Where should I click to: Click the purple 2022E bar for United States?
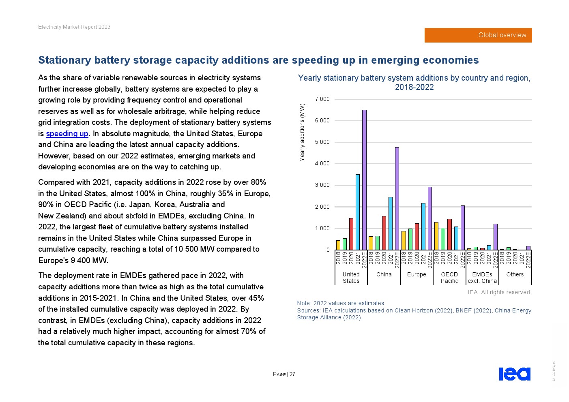pyautogui.click(x=364, y=180)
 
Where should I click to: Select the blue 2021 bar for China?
pyautogui.click(x=391, y=223)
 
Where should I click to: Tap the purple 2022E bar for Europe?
pyautogui.click(x=430, y=218)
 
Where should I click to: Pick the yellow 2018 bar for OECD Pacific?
pyautogui.click(x=436, y=236)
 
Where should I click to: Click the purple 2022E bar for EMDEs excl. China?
pyautogui.click(x=495, y=237)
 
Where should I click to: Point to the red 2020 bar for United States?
pyautogui.click(x=351, y=234)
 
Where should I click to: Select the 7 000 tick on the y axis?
pyautogui.click(x=322, y=99)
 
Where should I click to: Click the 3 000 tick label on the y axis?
pyautogui.click(x=322, y=185)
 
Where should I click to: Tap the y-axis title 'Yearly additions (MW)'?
pyautogui.click(x=302, y=132)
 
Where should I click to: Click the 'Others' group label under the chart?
pyautogui.click(x=515, y=274)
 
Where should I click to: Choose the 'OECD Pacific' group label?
pyautogui.click(x=449, y=278)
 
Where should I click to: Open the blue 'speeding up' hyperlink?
pyautogui.click(x=67, y=133)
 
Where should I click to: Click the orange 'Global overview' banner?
pyautogui.click(x=478, y=35)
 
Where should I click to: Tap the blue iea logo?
pyautogui.click(x=515, y=374)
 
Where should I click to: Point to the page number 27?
pyautogui.click(x=292, y=374)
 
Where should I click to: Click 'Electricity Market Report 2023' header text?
pyautogui.click(x=74, y=27)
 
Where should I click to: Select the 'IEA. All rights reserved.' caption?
pyautogui.click(x=500, y=292)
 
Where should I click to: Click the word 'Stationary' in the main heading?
pyautogui.click(x=64, y=60)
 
